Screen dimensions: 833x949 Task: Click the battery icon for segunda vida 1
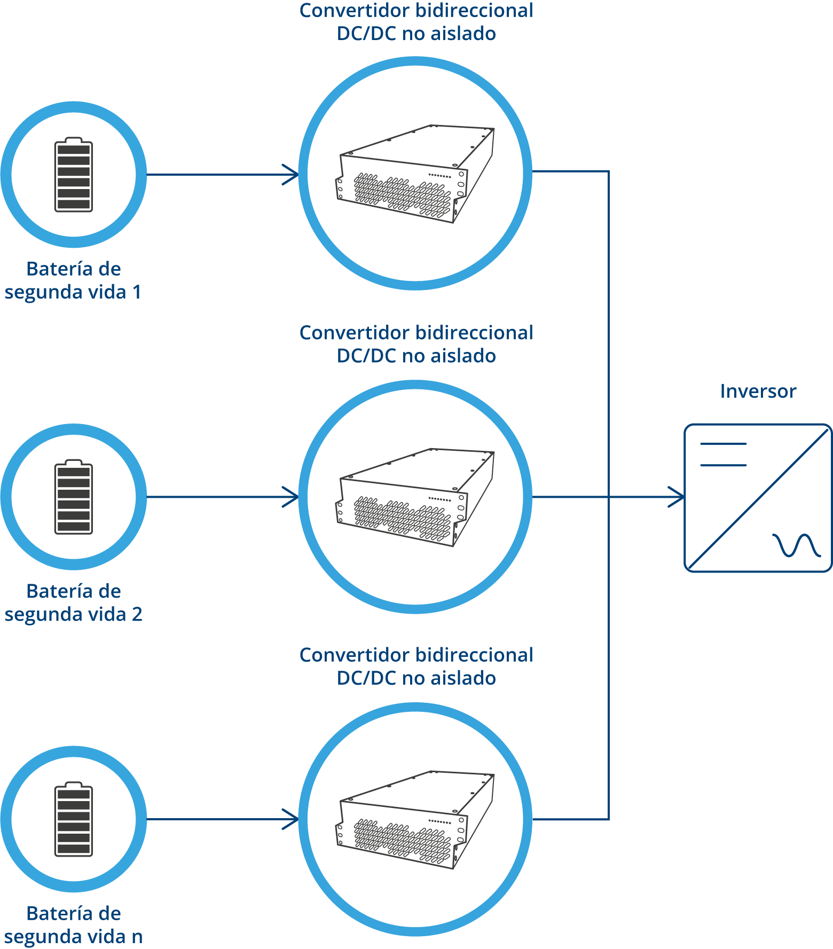[74, 174]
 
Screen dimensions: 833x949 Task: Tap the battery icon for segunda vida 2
[74, 497]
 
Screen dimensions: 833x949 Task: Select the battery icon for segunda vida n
[74, 819]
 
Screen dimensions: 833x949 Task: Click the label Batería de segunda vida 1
[73, 280]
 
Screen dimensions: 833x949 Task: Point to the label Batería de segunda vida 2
[73, 603]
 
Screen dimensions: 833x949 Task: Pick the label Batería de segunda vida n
[73, 925]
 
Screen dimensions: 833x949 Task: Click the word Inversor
[758, 391]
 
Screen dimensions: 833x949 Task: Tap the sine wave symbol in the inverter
[796, 545]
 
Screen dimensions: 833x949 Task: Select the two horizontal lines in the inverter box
[723, 454]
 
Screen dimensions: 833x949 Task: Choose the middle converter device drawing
[415, 497]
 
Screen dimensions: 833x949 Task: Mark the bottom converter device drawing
[415, 820]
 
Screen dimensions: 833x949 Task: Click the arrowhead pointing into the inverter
[677, 497]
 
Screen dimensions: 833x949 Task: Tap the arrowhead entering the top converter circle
[291, 175]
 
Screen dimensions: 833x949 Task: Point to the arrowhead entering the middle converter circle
[291, 497]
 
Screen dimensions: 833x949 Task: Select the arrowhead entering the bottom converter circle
[291, 819]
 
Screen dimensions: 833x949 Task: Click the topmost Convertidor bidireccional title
[416, 22]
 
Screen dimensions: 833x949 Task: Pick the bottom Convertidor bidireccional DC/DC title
[416, 666]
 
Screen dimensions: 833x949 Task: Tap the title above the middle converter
[416, 344]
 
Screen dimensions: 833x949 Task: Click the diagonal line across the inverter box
[758, 498]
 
